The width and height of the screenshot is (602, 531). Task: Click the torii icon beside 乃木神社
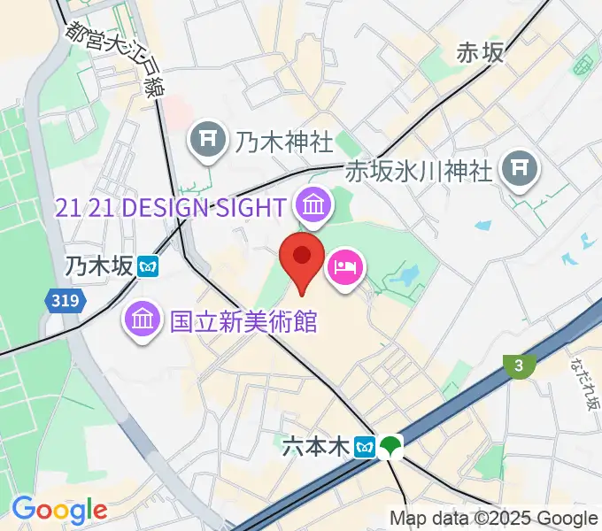[x=208, y=140]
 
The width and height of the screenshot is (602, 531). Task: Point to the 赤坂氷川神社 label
[x=418, y=170]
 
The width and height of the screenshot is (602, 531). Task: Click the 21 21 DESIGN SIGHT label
[x=170, y=207]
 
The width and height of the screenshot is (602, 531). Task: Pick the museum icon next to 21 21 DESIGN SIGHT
[x=313, y=206]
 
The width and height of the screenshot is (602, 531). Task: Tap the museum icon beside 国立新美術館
[x=142, y=319]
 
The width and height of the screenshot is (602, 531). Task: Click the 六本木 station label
[x=316, y=448]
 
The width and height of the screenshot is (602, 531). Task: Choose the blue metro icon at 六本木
[x=363, y=449]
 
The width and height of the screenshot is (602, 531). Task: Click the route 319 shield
[x=66, y=301]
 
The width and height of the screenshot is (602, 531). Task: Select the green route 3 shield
[x=518, y=364]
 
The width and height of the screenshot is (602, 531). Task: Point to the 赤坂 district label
[x=480, y=54]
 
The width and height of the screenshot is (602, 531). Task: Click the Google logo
[x=58, y=510]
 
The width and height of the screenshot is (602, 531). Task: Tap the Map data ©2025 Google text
[x=494, y=519]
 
